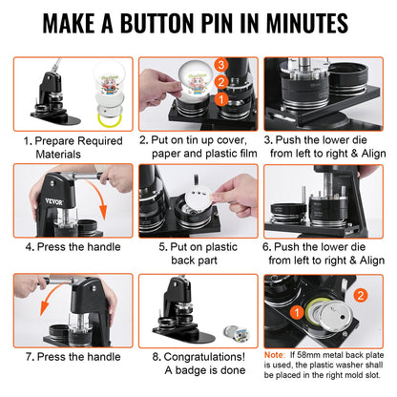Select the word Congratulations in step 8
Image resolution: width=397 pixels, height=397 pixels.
[206, 357]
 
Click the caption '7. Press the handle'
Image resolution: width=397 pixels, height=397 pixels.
[67, 357]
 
